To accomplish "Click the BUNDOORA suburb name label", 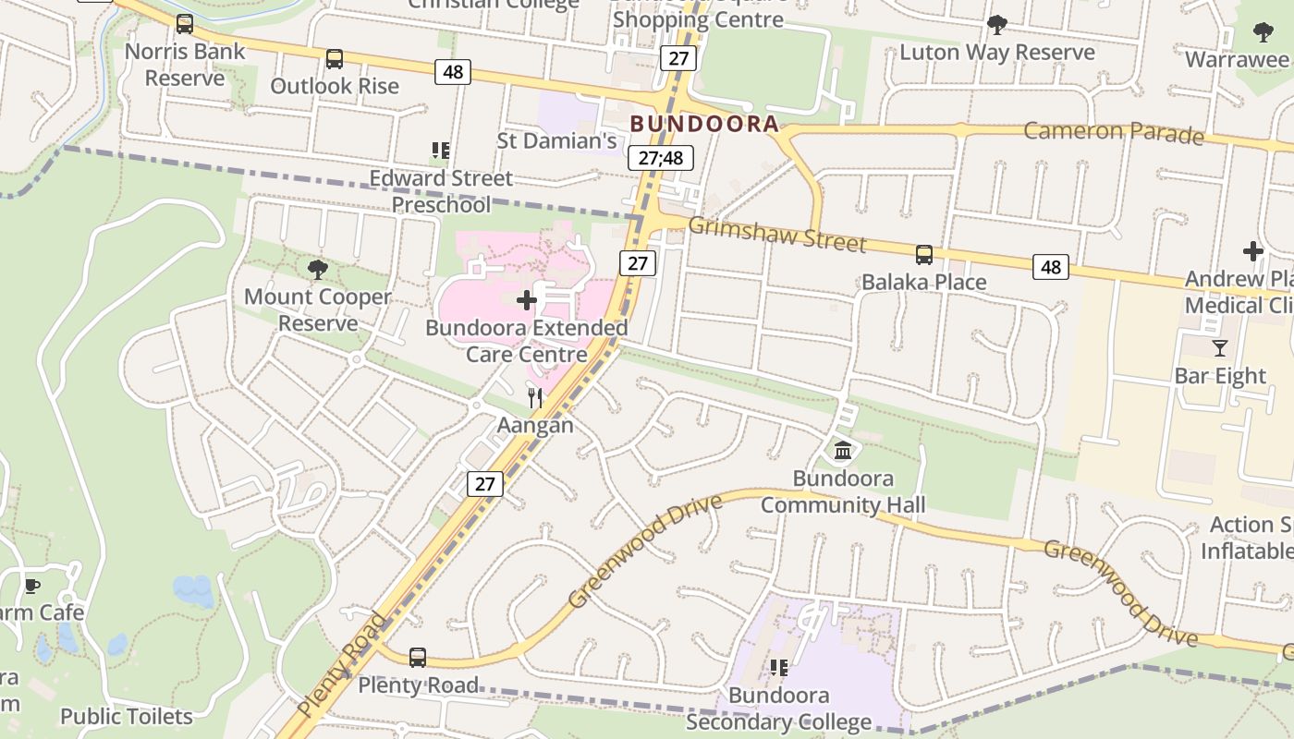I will click(x=703, y=124).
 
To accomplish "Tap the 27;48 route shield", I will click(x=660, y=158).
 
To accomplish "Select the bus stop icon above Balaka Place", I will click(x=923, y=255).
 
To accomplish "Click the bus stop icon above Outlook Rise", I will click(x=335, y=59).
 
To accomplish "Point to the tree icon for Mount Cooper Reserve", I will click(x=318, y=270).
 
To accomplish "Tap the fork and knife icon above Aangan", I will click(x=535, y=398).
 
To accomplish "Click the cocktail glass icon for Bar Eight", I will click(x=1220, y=348).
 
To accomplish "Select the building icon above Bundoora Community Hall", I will click(x=843, y=451).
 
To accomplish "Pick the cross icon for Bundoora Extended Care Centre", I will click(x=527, y=300).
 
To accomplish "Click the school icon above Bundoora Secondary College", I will click(x=779, y=667).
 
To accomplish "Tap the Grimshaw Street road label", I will click(x=776, y=235).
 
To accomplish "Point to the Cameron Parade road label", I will click(x=1113, y=132).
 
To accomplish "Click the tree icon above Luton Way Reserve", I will click(x=996, y=25).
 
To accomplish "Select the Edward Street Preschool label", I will click(x=441, y=190).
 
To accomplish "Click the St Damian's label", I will click(x=556, y=140).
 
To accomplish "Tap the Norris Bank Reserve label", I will click(x=185, y=65).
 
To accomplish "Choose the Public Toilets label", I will click(x=127, y=716).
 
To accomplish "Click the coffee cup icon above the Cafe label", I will click(x=32, y=586).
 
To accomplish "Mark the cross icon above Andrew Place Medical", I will click(x=1252, y=251).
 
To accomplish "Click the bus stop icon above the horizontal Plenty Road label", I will click(x=418, y=658).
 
